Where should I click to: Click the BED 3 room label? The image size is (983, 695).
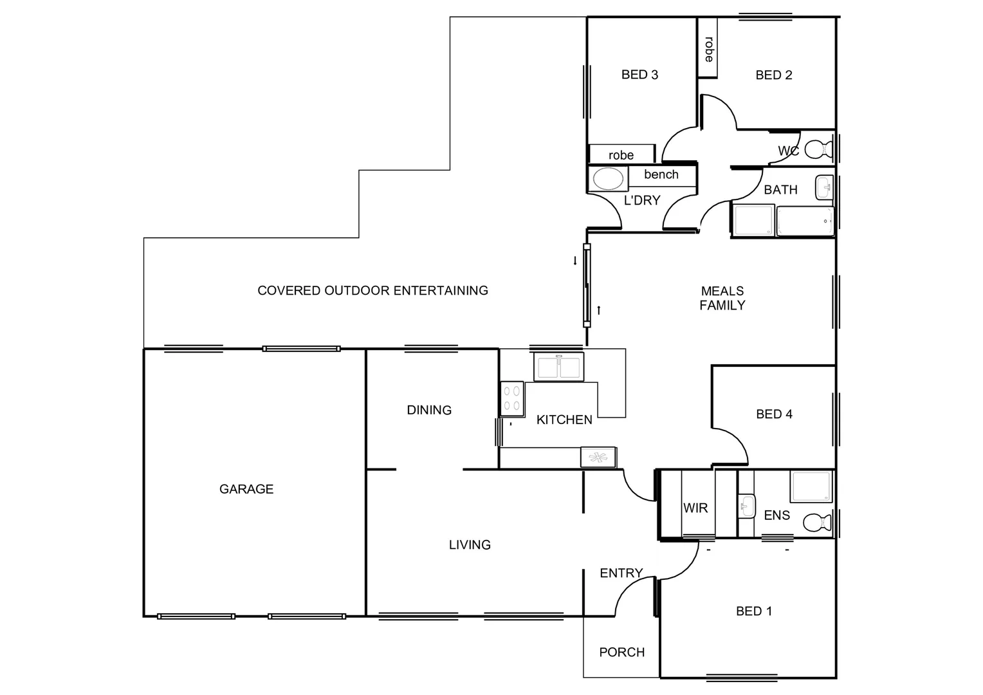639,75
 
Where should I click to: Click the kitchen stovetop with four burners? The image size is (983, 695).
512,398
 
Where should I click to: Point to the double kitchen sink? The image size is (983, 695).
558,367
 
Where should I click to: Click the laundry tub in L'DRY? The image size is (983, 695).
608,179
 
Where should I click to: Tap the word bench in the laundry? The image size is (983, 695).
661,174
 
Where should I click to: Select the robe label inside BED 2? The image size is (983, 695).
708,49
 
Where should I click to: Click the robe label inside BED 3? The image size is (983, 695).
621,155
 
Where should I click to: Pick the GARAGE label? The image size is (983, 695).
246,489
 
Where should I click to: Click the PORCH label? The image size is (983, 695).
621,653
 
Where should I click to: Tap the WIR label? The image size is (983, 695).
695,508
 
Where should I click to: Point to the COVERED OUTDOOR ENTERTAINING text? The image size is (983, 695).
372,290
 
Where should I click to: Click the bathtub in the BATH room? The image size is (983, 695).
805,221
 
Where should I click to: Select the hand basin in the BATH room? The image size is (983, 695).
823,188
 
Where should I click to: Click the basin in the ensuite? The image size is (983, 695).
746,506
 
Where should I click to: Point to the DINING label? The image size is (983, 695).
429,410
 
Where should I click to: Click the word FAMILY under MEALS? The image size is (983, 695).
722,306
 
